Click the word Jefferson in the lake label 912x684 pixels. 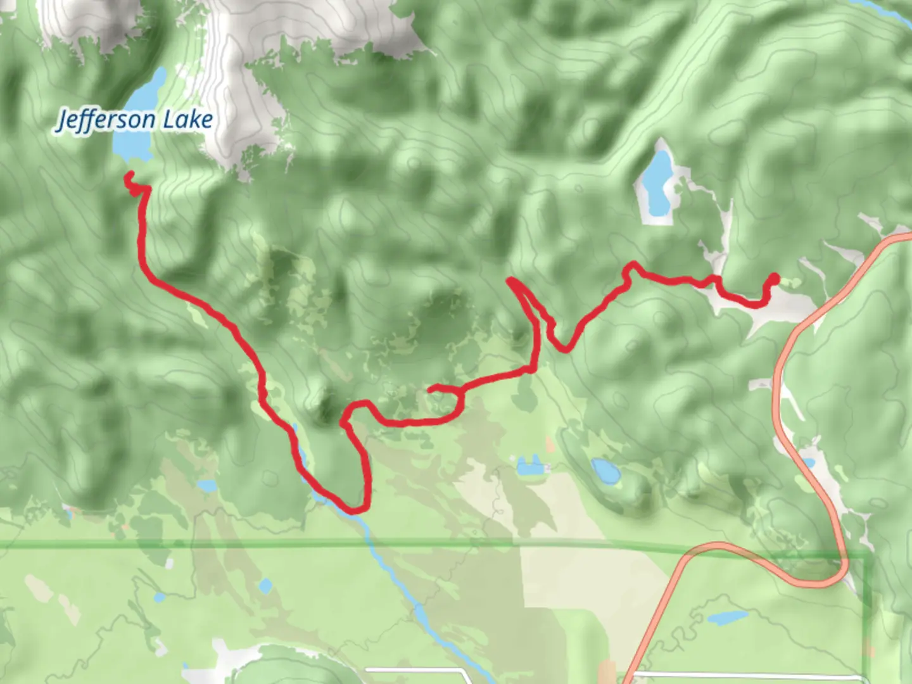(x=104, y=120)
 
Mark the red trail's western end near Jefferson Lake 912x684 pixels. (x=129, y=174)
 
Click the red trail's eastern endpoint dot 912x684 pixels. (x=774, y=277)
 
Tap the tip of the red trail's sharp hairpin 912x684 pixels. (x=510, y=280)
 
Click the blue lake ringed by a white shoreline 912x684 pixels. (x=657, y=184)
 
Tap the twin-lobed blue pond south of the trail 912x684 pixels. (x=529, y=467)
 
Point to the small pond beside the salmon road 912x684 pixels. (x=807, y=462)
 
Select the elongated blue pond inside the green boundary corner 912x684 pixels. (x=727, y=617)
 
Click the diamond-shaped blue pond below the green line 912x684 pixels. (x=265, y=586)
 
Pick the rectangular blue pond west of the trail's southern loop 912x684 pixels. (x=206, y=486)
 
